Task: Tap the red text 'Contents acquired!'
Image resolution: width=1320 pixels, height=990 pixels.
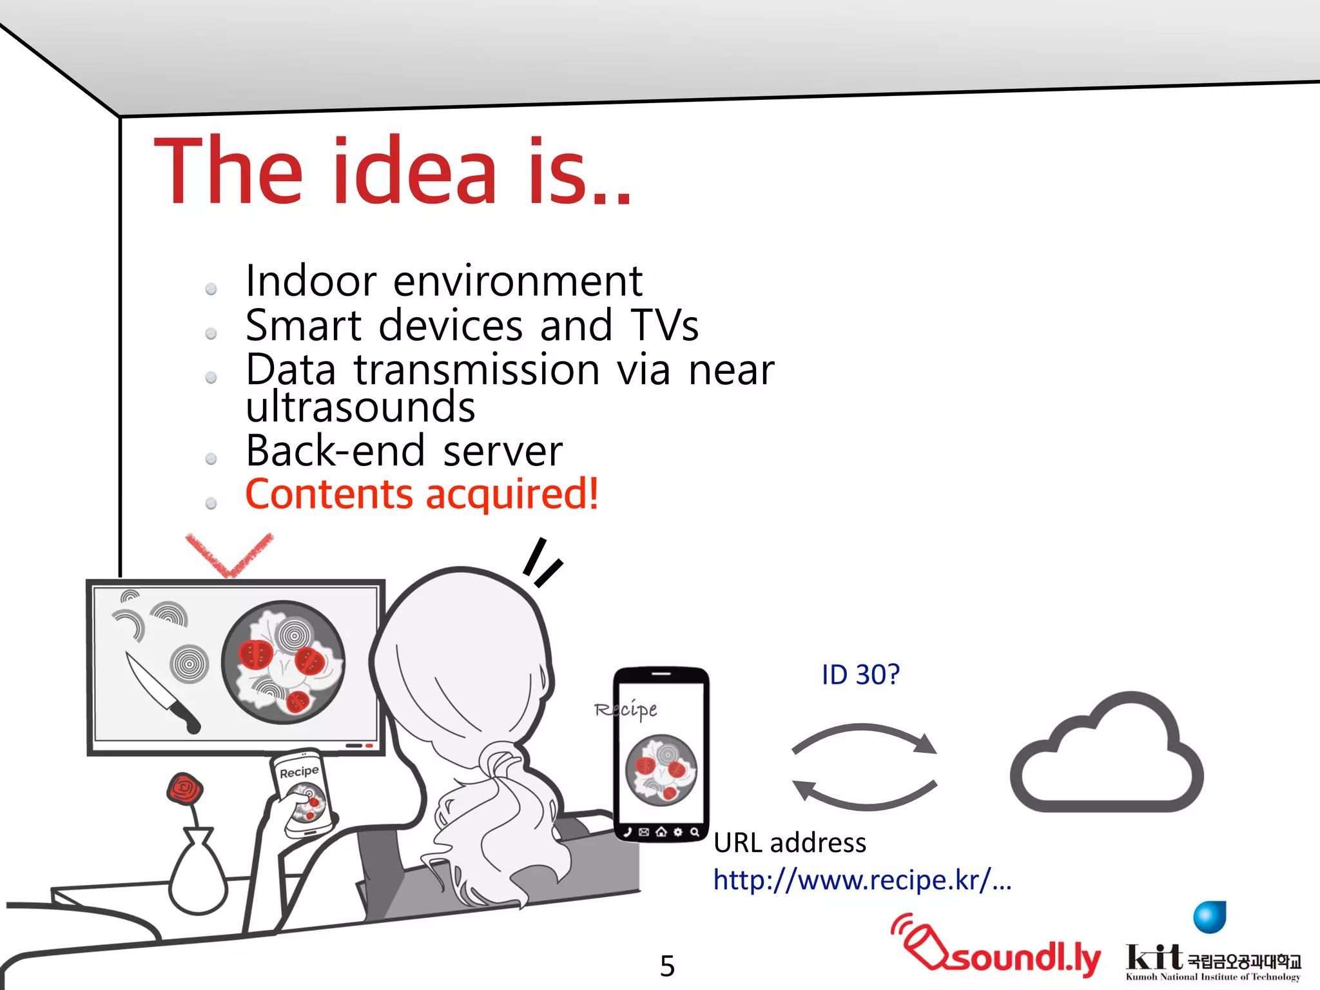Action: [x=422, y=495]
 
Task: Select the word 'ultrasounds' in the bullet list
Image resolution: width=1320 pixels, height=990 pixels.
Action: [x=360, y=407]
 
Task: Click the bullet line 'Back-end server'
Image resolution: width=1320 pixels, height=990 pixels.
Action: [x=404, y=451]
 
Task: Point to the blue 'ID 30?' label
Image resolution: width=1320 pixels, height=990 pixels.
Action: [x=860, y=675]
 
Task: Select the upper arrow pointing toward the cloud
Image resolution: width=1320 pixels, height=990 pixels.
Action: [x=864, y=738]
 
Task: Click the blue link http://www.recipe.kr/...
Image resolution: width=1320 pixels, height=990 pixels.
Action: [x=862, y=880]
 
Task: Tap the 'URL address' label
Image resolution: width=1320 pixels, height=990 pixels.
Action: [x=790, y=843]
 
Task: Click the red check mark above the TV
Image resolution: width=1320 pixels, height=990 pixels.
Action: [x=229, y=555]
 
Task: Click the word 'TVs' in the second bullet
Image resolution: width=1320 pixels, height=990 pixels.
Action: [x=665, y=325]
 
